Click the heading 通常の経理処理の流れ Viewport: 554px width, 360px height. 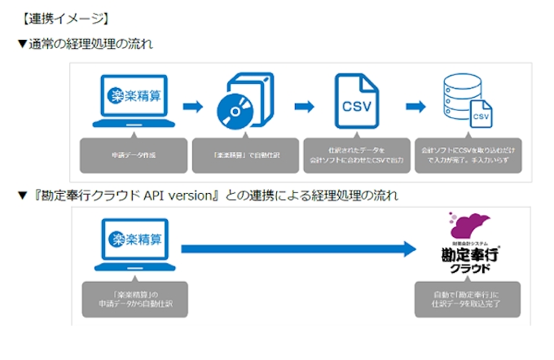(x=90, y=43)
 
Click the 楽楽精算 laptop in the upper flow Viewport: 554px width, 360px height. (x=134, y=102)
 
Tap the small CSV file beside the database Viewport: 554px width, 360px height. (x=480, y=116)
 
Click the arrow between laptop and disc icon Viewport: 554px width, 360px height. (x=191, y=106)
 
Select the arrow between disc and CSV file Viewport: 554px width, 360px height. (x=303, y=106)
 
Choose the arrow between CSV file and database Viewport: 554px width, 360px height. (x=415, y=106)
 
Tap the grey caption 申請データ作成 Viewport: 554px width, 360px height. (x=134, y=155)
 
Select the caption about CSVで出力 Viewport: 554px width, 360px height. (x=355, y=155)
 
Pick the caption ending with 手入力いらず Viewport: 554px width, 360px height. (x=466, y=155)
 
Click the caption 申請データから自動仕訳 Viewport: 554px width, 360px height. (x=134, y=299)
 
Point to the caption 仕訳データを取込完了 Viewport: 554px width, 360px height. (x=468, y=299)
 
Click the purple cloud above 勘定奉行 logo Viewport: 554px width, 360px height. (x=468, y=225)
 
